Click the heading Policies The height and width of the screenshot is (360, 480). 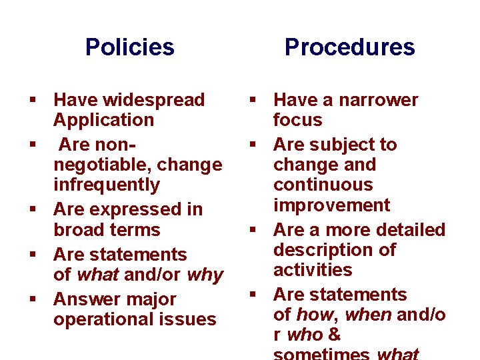click(130, 47)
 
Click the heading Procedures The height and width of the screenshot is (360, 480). click(349, 47)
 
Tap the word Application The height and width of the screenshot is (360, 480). click(103, 121)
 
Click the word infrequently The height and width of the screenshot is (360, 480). click(107, 185)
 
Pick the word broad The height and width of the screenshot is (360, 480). click(78, 230)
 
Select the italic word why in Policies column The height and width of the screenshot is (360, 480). click(205, 275)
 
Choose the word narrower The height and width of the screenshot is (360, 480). click(378, 101)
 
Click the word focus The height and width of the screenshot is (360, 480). click(297, 121)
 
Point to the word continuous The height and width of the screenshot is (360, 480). click(323, 185)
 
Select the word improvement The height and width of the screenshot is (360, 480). click(331, 205)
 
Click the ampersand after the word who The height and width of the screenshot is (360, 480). click(335, 335)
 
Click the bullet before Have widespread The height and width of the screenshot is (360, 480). click(32, 101)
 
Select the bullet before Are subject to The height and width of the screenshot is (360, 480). click(254, 145)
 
